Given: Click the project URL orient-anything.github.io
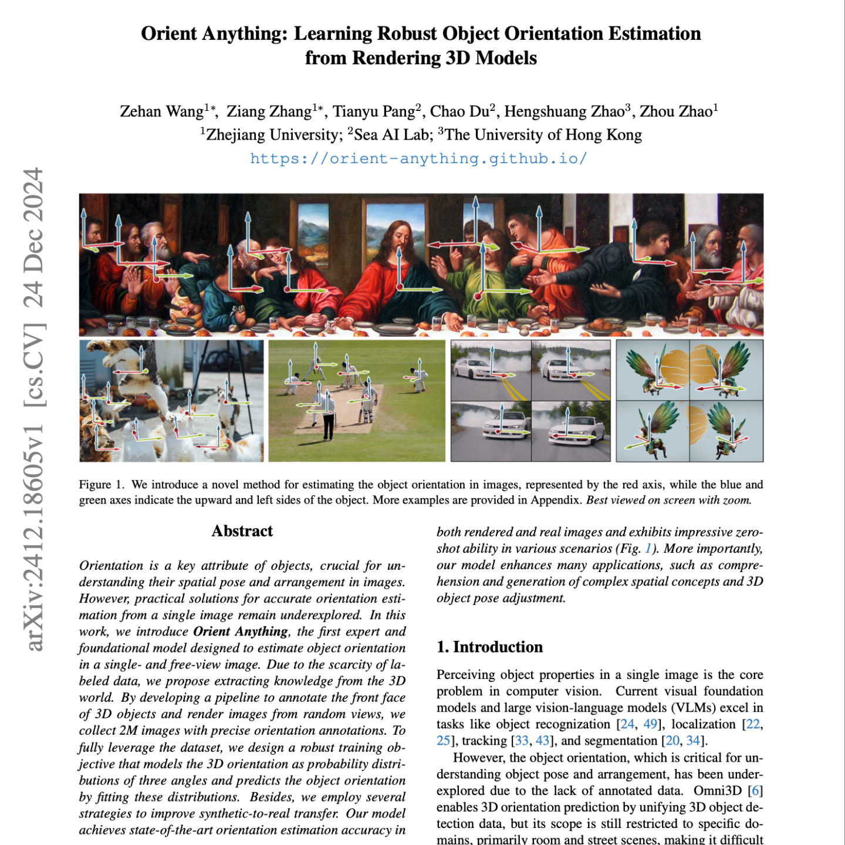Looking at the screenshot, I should tap(418, 158).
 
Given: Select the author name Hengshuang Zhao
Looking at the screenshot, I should tap(564, 111).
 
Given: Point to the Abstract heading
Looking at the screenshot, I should tap(242, 531).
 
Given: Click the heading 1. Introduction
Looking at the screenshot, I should tap(489, 647).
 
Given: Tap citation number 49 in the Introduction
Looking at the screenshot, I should tap(650, 724).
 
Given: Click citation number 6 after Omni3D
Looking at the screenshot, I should tap(756, 790).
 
